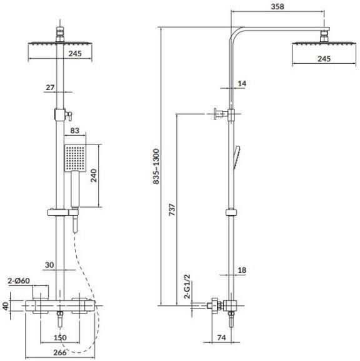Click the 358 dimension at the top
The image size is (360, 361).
coord(277,6)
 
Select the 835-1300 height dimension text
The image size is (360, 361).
coord(156,166)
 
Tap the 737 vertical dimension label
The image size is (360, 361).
coord(172,210)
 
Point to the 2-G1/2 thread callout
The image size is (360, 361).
coord(187,287)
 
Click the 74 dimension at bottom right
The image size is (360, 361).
coord(221,337)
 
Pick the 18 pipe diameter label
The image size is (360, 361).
coord(242,270)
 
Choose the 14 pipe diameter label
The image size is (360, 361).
coord(242,83)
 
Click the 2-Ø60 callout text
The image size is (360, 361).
coord(19,281)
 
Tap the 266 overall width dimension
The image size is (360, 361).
coord(60,352)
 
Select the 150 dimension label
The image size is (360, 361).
coord(60,337)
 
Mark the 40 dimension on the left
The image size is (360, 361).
coord(5,306)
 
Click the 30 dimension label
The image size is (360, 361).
coord(49,265)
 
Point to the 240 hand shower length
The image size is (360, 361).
coord(94,175)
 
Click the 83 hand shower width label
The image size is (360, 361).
coord(75,131)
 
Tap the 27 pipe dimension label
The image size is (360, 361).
coord(50,88)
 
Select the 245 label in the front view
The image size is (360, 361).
coord(75,54)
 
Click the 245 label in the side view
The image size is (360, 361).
coord(324,59)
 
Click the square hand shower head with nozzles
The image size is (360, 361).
coord(75,158)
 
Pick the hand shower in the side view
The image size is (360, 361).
coord(237,158)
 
